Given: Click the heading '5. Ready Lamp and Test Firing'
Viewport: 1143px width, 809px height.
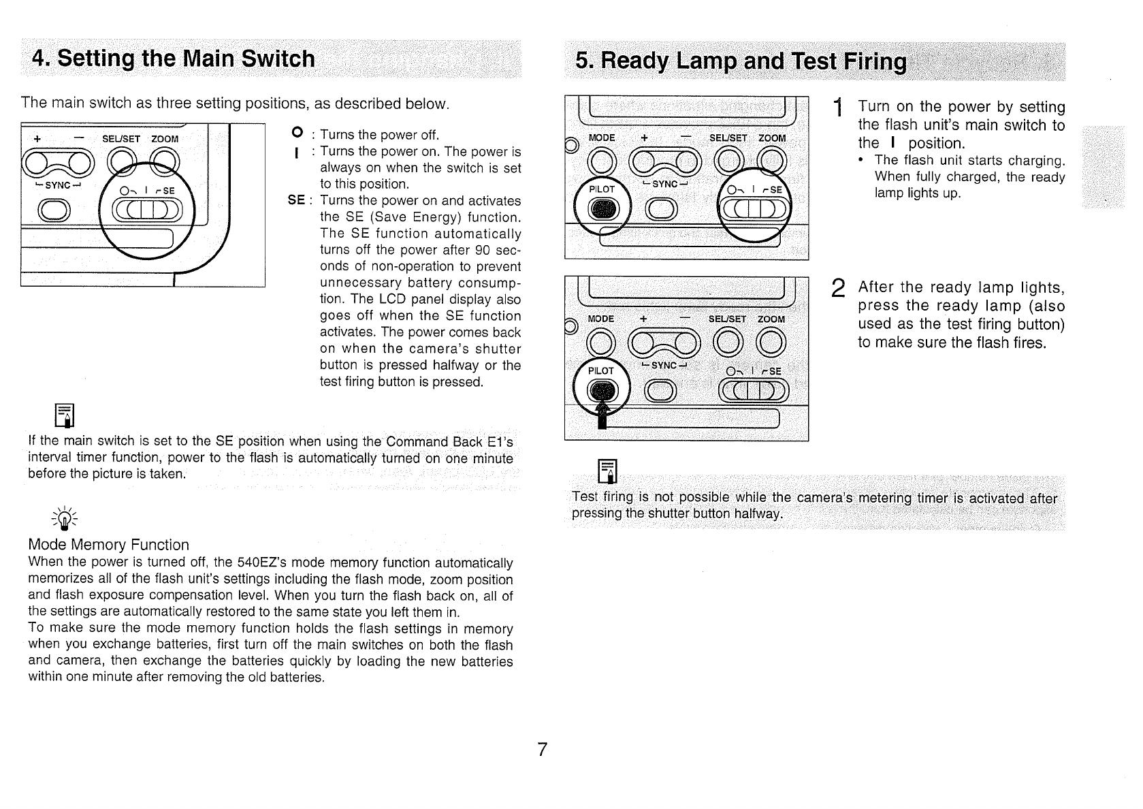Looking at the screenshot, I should pyautogui.click(x=741, y=62).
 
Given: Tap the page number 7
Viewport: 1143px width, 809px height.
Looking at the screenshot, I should pyautogui.click(x=543, y=750).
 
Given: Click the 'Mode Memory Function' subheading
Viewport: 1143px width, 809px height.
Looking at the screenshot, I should pyautogui.click(x=108, y=545).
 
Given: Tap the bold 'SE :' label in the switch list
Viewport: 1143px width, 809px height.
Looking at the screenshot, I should pyautogui.click(x=298, y=200).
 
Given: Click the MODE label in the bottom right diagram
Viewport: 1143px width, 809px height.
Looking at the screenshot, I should pyautogui.click(x=601, y=319).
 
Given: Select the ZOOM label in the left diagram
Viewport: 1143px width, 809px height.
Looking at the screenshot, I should pyautogui.click(x=165, y=139).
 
